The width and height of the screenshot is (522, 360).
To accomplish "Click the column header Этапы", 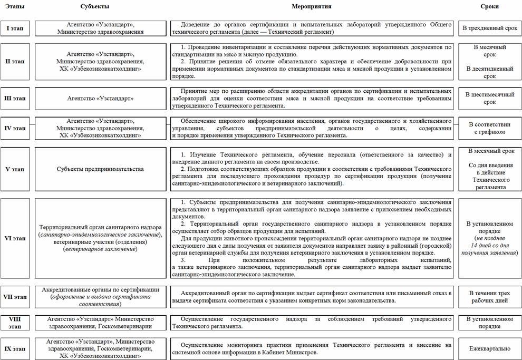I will click(x=14, y=6).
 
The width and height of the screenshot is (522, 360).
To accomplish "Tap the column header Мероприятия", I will click(x=311, y=6).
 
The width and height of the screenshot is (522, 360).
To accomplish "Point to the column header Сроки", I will click(x=490, y=6).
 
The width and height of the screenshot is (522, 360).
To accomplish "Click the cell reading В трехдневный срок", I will click(x=490, y=28).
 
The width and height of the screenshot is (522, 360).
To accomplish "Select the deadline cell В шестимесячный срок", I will click(x=490, y=98).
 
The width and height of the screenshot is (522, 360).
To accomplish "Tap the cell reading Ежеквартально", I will click(x=490, y=348).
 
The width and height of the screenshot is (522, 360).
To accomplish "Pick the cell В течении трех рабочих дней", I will click(x=490, y=297).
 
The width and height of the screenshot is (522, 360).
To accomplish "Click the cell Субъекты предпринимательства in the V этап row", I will click(x=100, y=169).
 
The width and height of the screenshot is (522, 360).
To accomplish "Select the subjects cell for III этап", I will click(x=100, y=98).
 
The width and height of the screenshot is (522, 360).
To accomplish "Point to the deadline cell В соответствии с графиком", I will click(x=490, y=128).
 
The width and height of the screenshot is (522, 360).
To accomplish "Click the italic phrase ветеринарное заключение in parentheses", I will click(x=100, y=249).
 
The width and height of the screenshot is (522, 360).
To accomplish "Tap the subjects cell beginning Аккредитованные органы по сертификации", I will click(x=100, y=297).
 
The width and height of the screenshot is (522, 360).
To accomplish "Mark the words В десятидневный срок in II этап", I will click(x=490, y=72).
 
